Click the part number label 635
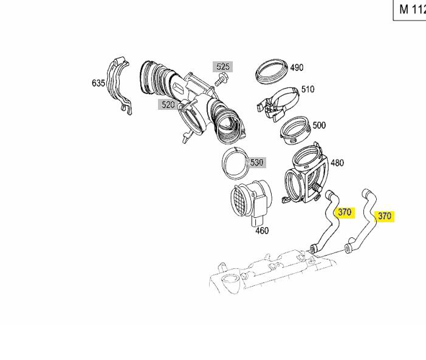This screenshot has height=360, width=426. [x=98, y=83]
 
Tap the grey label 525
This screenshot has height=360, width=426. [x=223, y=67]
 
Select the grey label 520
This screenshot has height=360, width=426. [x=168, y=104]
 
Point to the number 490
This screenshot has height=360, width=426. [x=296, y=67]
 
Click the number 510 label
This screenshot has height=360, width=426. [x=307, y=89]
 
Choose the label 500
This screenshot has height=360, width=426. [x=318, y=125]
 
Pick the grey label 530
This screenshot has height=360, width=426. [x=257, y=162]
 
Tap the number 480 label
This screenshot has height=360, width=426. [x=337, y=163]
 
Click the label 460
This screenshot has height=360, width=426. [x=262, y=231]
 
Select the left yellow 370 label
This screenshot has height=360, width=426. [x=345, y=212]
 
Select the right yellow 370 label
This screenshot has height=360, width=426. [x=385, y=216]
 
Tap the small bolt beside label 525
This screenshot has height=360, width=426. [x=220, y=80]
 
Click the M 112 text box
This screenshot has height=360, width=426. [x=410, y=9]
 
